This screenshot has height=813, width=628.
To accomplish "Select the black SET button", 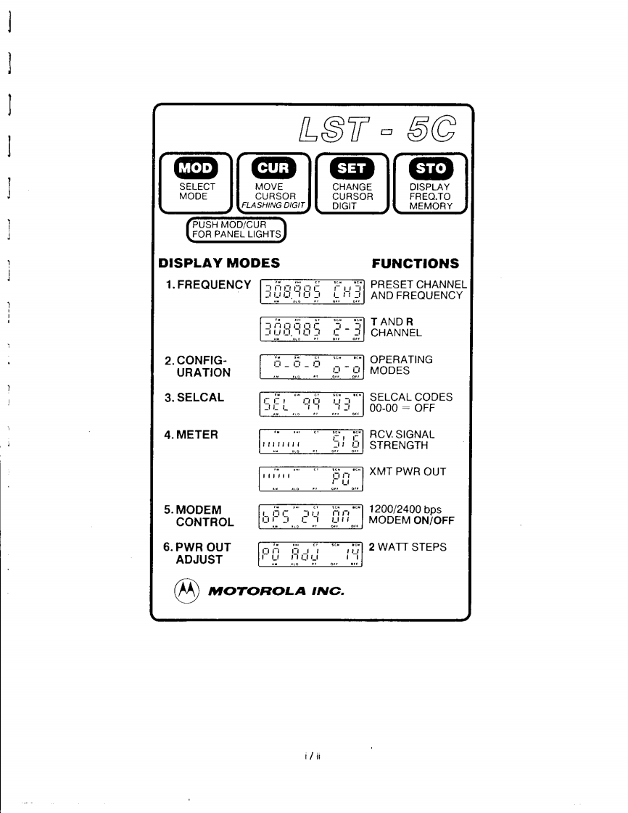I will pyautogui.click(x=351, y=168).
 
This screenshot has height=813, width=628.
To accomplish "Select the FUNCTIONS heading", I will pyautogui.click(x=415, y=262).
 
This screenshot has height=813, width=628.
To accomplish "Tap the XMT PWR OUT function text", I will pyautogui.click(x=408, y=472).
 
